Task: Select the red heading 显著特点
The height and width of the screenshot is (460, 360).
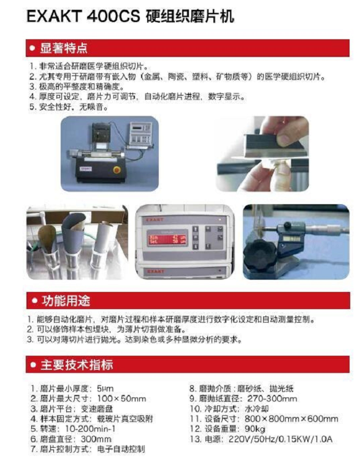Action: pyautogui.click(x=64, y=48)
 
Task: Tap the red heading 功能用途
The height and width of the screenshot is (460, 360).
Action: pyautogui.click(x=65, y=301)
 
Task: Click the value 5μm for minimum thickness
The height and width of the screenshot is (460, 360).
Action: pyautogui.click(x=105, y=388)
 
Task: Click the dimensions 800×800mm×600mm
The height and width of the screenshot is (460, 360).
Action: pyautogui.click(x=294, y=418)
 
